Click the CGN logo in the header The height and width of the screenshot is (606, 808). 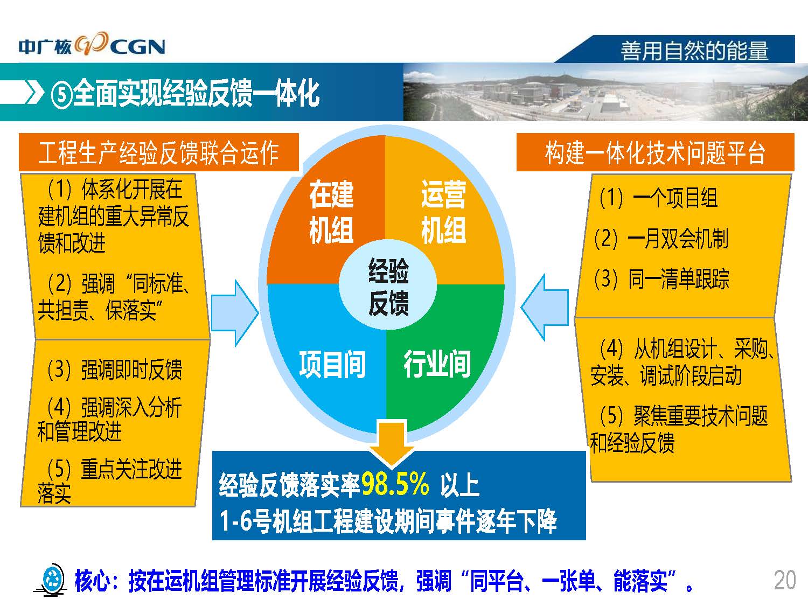(92, 45)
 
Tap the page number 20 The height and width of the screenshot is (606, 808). (785, 580)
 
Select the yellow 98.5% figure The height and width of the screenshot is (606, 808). (395, 484)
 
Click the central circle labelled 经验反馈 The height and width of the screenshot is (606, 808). (388, 284)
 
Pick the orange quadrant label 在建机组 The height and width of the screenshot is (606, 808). (331, 212)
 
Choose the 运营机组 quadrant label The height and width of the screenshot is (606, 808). (443, 212)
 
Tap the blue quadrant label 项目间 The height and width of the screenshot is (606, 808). (332, 364)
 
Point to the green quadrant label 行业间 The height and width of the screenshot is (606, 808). (437, 364)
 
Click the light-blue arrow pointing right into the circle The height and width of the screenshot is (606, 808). (235, 313)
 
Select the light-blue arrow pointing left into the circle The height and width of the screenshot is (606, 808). (545, 308)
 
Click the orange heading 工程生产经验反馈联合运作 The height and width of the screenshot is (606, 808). (159, 152)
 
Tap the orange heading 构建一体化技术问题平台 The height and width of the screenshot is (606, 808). (655, 152)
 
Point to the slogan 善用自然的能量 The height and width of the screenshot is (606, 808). (694, 51)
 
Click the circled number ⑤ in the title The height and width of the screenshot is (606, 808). (62, 95)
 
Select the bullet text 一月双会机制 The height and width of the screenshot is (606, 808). (677, 239)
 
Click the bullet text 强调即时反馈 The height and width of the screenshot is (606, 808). (131, 369)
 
